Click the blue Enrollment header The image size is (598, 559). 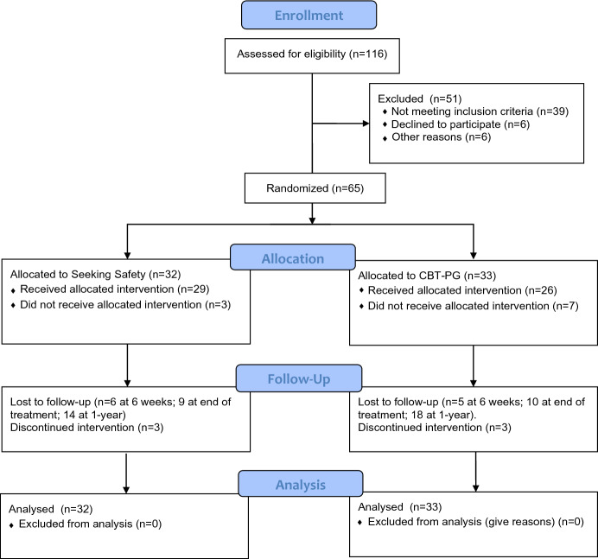(298, 16)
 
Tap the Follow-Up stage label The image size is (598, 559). (298, 377)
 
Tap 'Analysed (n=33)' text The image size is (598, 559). (393, 508)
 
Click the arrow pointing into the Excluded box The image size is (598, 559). (363, 124)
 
